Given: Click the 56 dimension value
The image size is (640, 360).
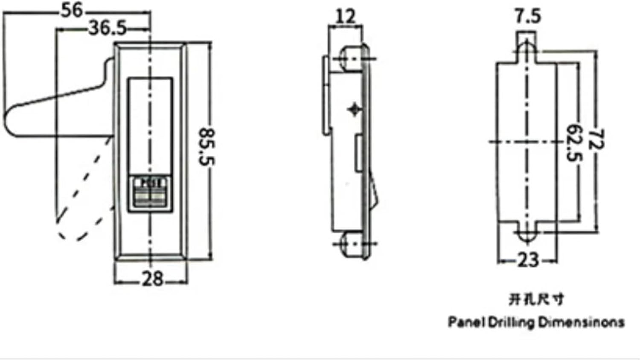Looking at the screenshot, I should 72,10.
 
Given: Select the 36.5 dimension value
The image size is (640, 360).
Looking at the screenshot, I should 107,29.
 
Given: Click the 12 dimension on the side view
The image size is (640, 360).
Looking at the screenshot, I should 345,17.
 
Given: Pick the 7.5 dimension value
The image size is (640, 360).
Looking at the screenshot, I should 527,16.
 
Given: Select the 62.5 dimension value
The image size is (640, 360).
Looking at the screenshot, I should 574,143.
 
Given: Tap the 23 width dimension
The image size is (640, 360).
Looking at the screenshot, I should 528,260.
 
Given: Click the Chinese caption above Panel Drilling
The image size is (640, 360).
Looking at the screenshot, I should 536,299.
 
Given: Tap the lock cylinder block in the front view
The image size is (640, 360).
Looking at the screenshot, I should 151,193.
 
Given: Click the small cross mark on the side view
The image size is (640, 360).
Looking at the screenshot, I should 354,110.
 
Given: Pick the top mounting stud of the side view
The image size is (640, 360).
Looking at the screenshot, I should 350,57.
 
